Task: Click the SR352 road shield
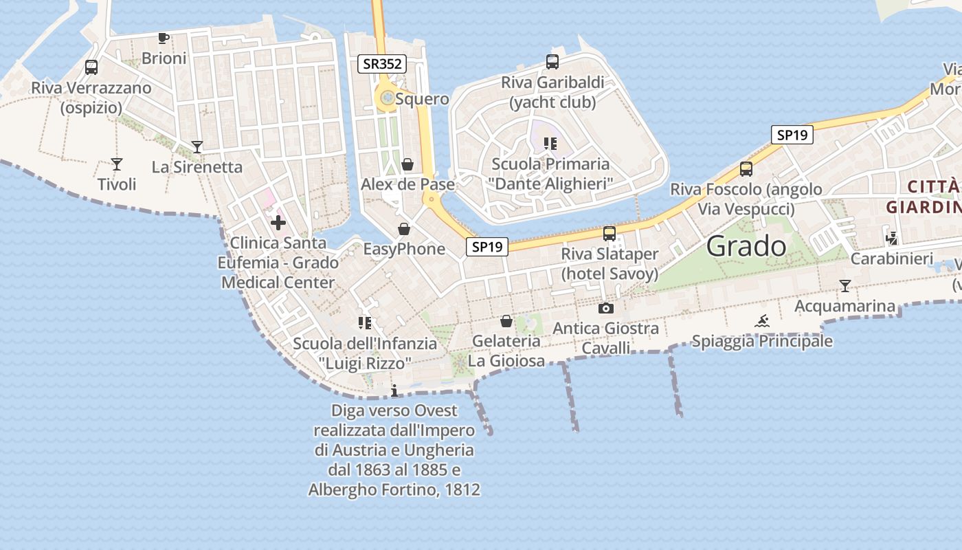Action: click(382, 65)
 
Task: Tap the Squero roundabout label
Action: click(422, 99)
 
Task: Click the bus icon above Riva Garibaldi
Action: click(552, 62)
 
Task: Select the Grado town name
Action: click(746, 245)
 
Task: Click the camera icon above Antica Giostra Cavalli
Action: click(605, 308)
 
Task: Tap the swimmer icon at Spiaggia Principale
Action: click(761, 321)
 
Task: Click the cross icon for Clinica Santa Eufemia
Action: click(278, 223)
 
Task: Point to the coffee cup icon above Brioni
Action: click(164, 38)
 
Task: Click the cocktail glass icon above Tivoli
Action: click(117, 164)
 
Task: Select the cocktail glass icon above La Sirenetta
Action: click(197, 146)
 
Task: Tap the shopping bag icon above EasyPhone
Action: click(403, 229)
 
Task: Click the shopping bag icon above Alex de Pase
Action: click(407, 164)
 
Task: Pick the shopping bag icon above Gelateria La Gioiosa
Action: click(506, 321)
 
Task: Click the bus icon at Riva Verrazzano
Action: click(91, 67)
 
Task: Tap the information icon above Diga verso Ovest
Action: click(394, 391)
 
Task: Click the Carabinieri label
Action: click(891, 258)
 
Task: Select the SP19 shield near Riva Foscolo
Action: click(792, 135)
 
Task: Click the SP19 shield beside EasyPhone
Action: click(487, 247)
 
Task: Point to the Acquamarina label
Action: click(844, 306)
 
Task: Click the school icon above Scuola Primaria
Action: click(550, 144)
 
